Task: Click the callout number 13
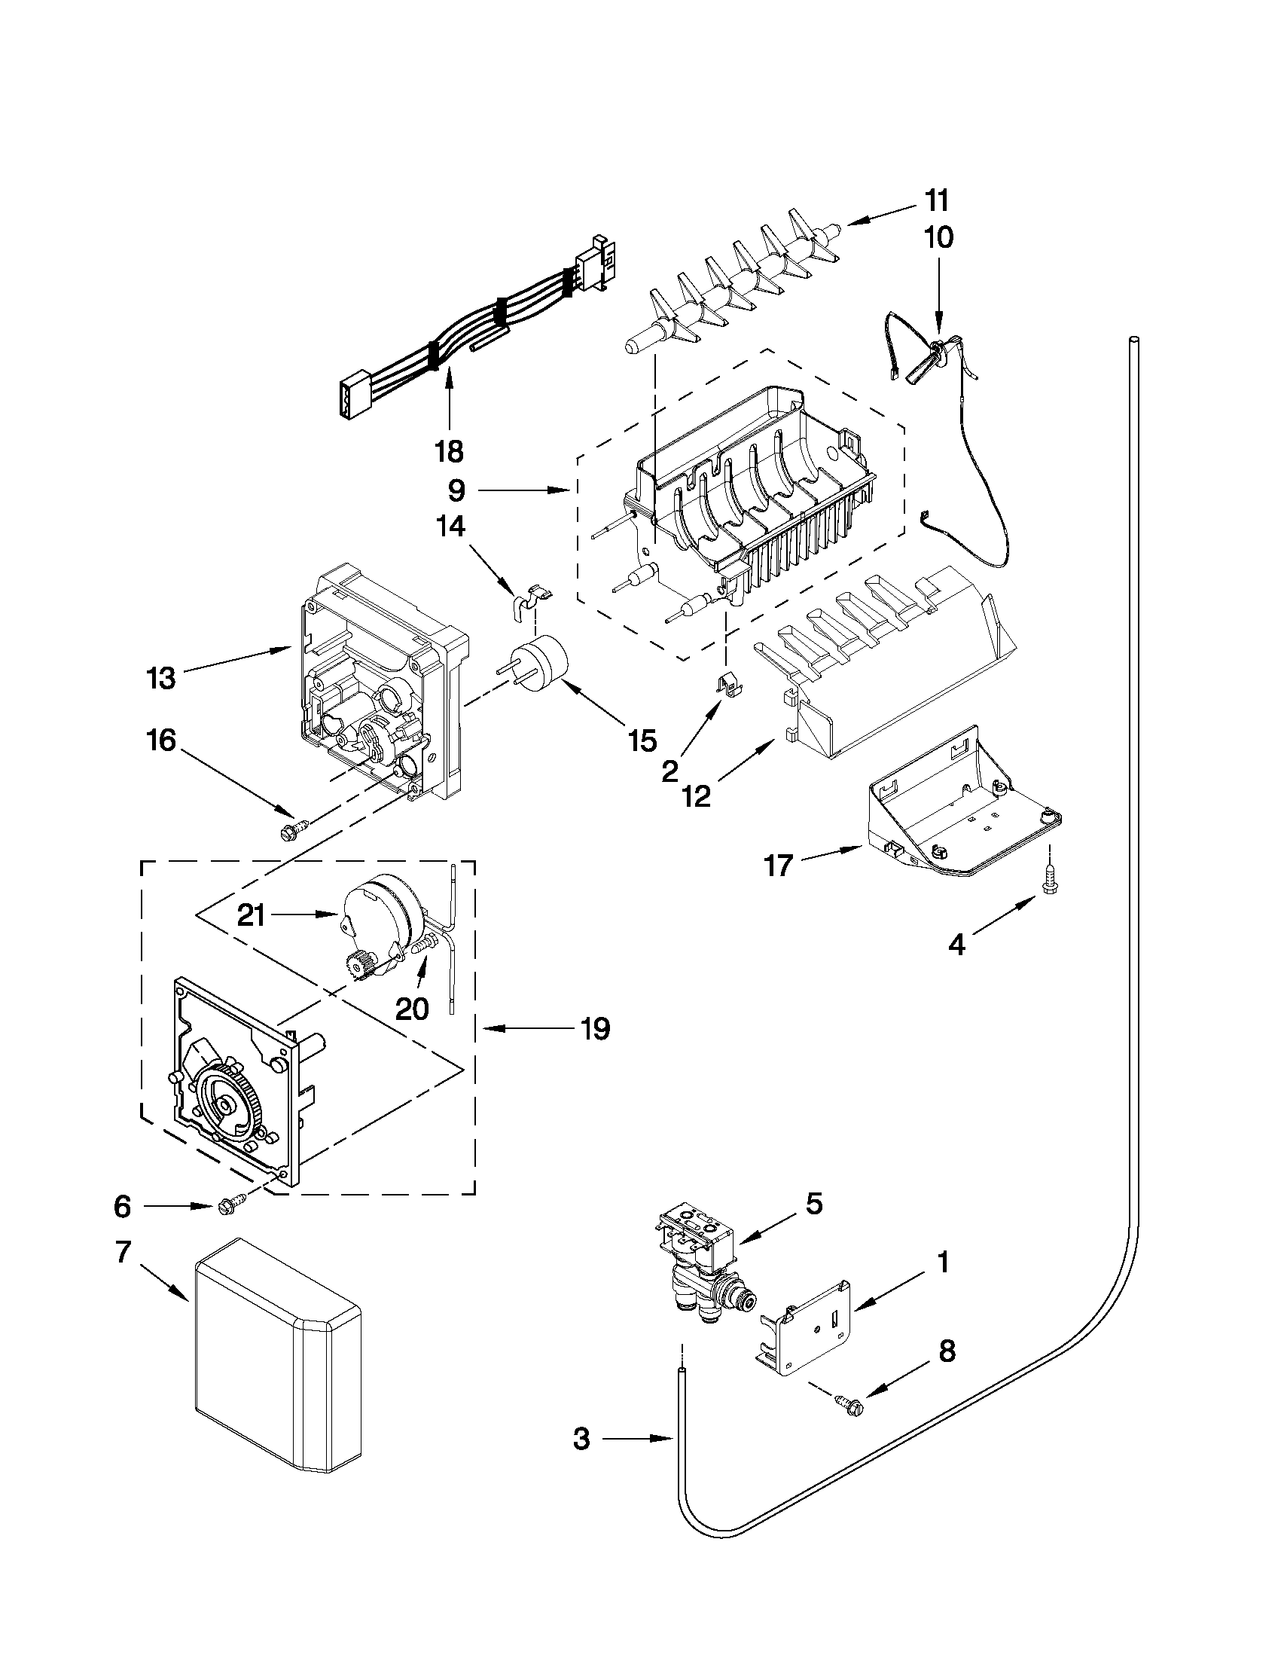[x=161, y=678]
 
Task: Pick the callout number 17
[x=779, y=865]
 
